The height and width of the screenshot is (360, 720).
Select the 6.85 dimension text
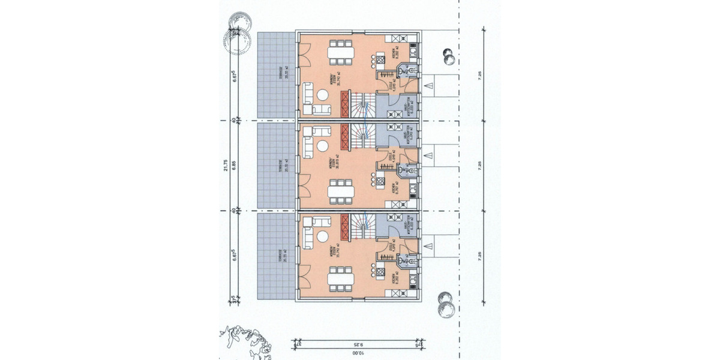(x=235, y=166)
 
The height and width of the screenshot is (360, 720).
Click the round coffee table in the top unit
(x=322, y=95)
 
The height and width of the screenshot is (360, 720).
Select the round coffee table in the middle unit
(x=322, y=146)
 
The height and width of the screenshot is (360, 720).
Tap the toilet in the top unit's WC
(x=403, y=72)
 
